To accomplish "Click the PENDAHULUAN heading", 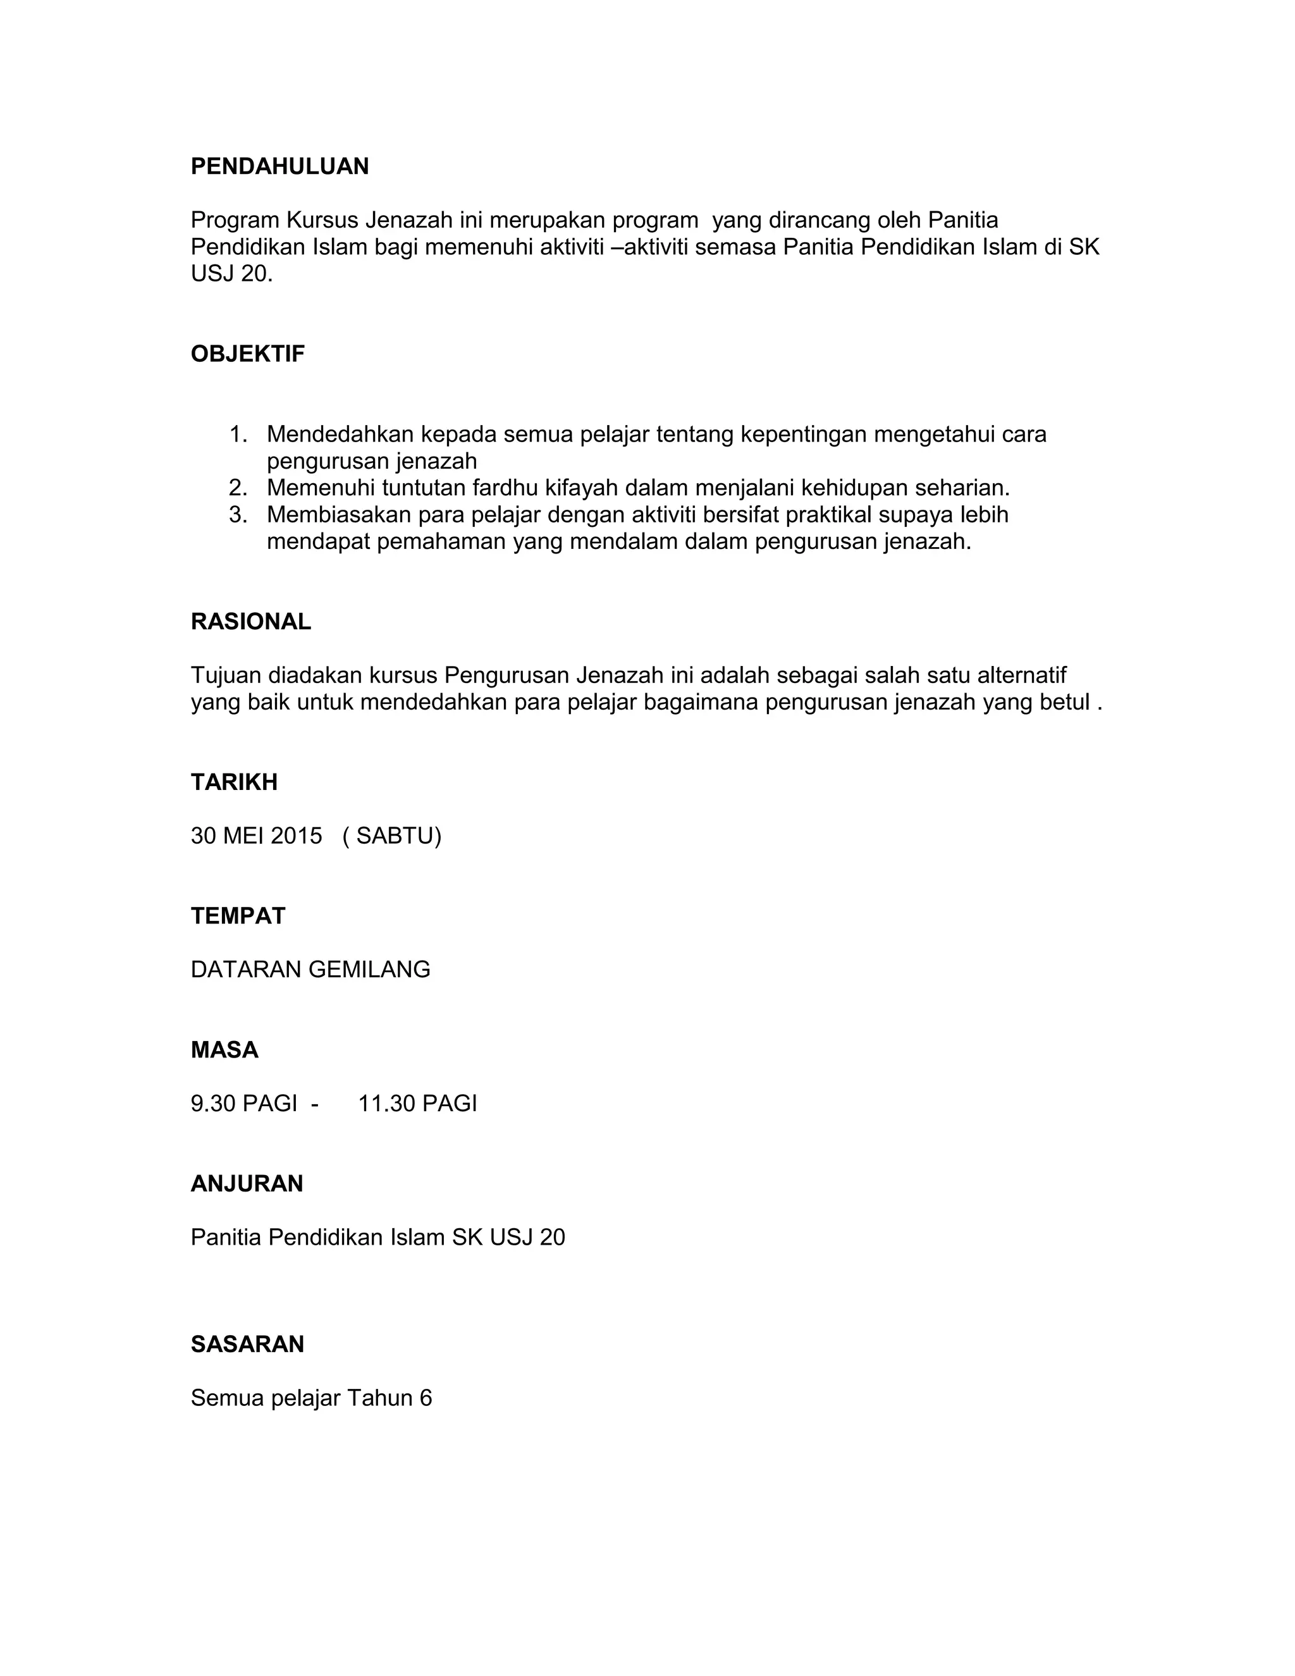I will click(279, 166).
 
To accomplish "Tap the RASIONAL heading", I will click(251, 622).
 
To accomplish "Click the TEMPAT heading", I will click(238, 916).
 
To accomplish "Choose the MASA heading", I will click(224, 1050).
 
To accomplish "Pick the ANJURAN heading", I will click(246, 1183).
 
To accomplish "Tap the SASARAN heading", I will click(247, 1344).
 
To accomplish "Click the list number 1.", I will click(238, 434).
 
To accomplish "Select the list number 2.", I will click(238, 488).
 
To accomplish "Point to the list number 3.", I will click(238, 515).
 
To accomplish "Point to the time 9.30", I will click(213, 1104).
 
